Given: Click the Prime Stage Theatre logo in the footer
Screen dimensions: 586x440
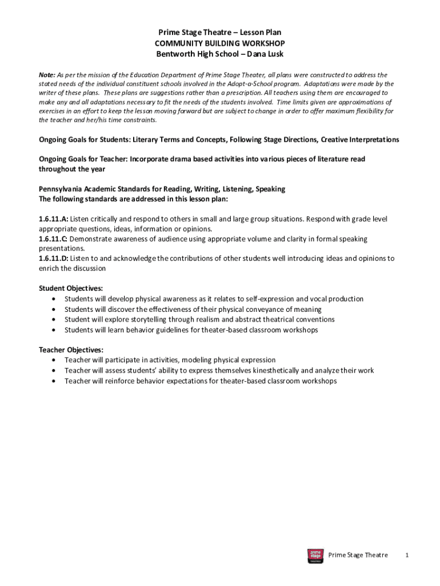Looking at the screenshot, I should pyautogui.click(x=315, y=556).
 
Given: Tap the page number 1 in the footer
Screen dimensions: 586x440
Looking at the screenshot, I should pyautogui.click(x=406, y=555).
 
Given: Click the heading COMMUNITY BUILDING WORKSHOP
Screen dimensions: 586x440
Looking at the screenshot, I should pyautogui.click(x=219, y=43).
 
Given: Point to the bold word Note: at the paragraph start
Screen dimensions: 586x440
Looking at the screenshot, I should pyautogui.click(x=47, y=75).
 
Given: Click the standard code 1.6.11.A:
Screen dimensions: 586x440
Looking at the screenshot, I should pyautogui.click(x=54, y=219).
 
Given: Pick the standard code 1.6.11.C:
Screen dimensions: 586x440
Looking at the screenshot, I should pyautogui.click(x=54, y=239).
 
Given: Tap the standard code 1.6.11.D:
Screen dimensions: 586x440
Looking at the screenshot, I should pyautogui.click(x=54, y=258).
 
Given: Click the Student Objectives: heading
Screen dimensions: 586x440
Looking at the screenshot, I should pyautogui.click(x=71, y=288).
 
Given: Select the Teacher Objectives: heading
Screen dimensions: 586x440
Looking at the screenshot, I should pyautogui.click(x=71, y=350).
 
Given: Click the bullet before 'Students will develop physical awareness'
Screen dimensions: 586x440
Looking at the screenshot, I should pyautogui.click(x=54, y=299).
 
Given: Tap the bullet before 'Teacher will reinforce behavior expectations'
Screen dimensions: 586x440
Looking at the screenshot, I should pyautogui.click(x=54, y=381).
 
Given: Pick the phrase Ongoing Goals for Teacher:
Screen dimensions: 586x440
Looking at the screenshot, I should pyautogui.click(x=83, y=159).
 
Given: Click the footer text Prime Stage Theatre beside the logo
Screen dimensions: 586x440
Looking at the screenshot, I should pyautogui.click(x=358, y=555).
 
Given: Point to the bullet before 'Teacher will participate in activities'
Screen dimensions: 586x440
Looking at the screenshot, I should pyautogui.click(x=54, y=361).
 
